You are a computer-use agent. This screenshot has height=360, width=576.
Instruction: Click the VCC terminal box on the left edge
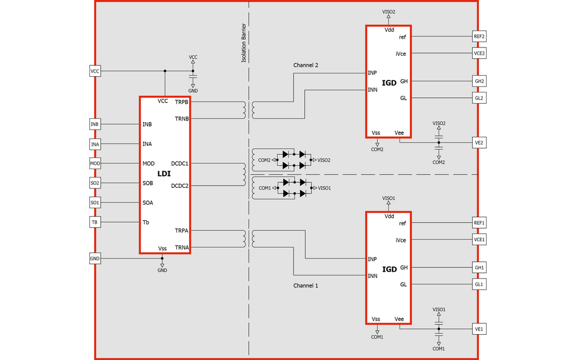(x=95, y=71)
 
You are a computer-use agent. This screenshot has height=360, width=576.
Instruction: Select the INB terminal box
(x=95, y=124)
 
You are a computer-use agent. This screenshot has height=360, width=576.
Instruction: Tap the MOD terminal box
(x=95, y=163)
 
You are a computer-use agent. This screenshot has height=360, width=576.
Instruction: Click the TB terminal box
(x=95, y=222)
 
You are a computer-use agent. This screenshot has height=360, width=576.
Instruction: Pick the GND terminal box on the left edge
(x=95, y=259)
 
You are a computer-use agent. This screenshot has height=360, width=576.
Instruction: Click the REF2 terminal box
(x=479, y=37)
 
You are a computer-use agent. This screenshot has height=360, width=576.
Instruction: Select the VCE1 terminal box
(x=479, y=239)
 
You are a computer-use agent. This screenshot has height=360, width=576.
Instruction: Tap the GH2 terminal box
(x=479, y=81)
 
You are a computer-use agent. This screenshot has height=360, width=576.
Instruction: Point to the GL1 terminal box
(x=479, y=284)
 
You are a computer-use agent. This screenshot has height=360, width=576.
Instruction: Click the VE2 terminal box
(x=479, y=143)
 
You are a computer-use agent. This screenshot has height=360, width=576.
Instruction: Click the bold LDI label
(x=164, y=174)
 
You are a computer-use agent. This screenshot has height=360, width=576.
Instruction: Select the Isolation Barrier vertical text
(x=244, y=43)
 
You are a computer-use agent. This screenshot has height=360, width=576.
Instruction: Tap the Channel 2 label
(x=305, y=65)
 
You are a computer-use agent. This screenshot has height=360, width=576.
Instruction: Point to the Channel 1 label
(x=305, y=286)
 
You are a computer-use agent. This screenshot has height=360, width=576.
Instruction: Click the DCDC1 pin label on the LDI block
(x=179, y=163)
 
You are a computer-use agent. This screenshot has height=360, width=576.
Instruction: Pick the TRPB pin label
(x=181, y=102)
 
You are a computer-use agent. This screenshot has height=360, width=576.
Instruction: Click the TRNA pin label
(x=182, y=247)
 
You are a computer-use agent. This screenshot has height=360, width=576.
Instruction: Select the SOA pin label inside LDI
(x=148, y=202)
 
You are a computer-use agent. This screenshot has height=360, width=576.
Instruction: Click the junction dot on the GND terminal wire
(x=162, y=258)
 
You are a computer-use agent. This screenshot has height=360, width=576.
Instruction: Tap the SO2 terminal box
(x=95, y=183)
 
